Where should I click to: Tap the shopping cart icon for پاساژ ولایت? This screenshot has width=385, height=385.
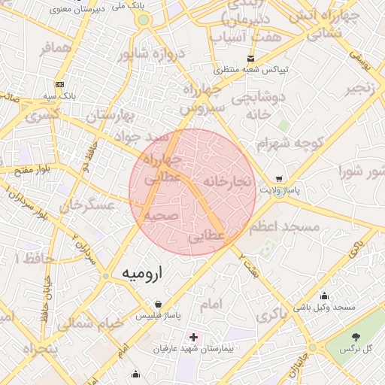coord(278,180)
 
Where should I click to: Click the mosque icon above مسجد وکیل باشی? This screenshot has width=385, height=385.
coord(324,296)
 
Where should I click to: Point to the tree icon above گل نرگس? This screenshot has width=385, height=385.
coord(356,337)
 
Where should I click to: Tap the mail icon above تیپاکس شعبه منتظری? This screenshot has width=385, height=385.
coord(251,58)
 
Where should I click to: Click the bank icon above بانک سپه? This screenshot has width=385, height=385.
coord(59,84)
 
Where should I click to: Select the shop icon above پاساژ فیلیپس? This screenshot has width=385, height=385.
coord(156,305)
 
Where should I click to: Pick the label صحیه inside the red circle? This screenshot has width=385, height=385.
coord(161,215)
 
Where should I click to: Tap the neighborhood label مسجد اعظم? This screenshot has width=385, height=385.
coord(286,226)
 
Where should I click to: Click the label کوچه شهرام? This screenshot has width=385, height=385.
coord(289,144)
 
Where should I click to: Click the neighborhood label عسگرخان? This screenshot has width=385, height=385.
coord(88,204)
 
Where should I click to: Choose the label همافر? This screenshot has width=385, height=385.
coord(57,47)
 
